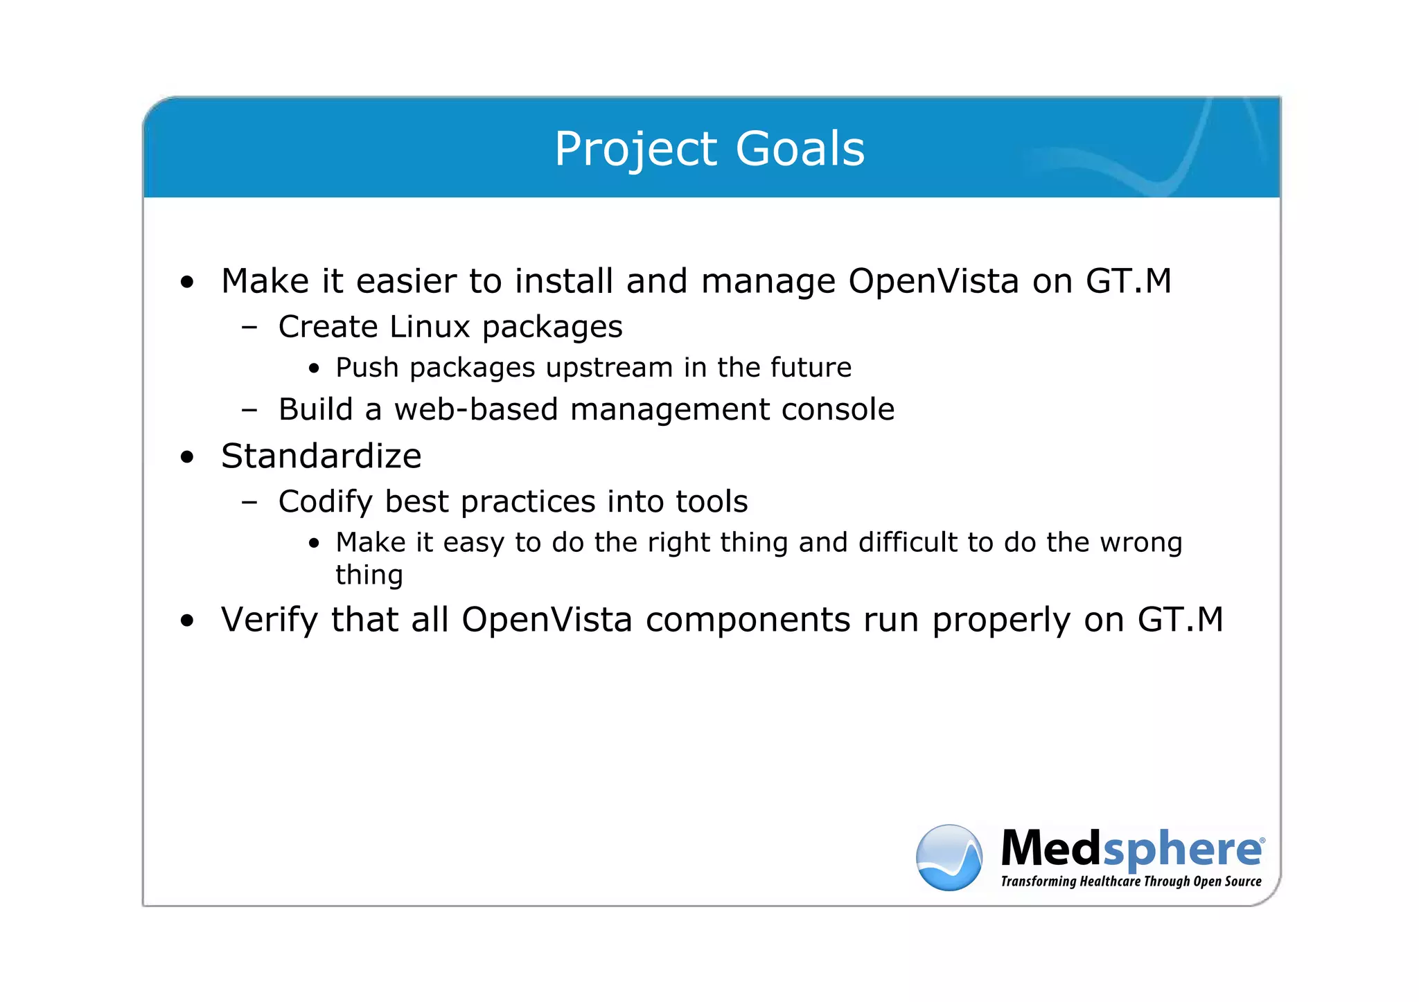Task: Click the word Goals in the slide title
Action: coord(800,149)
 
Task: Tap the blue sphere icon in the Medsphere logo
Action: coord(949,857)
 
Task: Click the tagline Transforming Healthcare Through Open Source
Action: coord(1131,882)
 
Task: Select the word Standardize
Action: coord(321,456)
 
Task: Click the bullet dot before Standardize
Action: coord(187,458)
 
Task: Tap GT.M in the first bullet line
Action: coord(1128,281)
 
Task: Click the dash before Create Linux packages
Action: coord(249,328)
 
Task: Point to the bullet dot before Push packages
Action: coord(315,369)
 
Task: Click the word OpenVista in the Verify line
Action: coord(547,620)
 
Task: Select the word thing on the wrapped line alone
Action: coord(369,575)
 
